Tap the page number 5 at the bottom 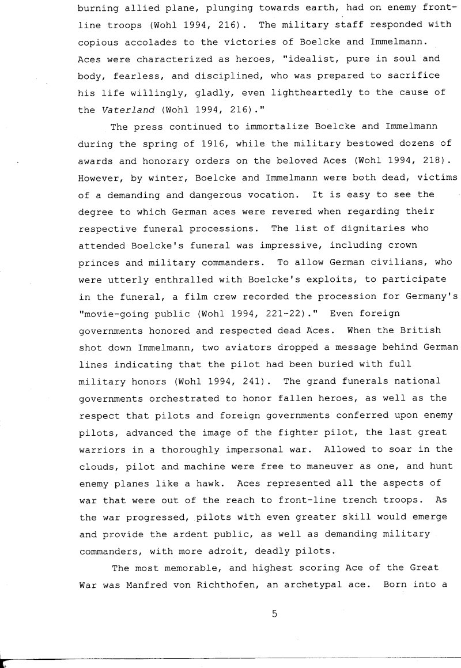coord(274,614)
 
